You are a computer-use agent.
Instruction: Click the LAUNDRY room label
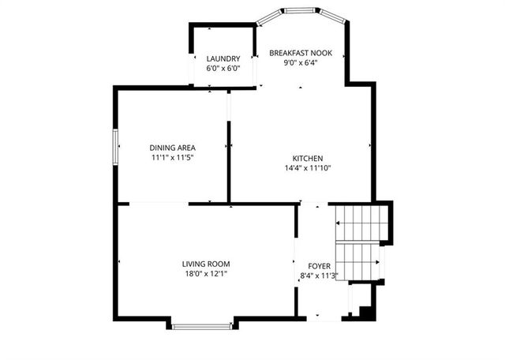[x=223, y=58]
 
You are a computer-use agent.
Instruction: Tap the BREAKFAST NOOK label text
[x=301, y=54]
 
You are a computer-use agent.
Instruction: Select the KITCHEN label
[x=308, y=158]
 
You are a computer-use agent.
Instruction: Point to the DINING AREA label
[x=173, y=148]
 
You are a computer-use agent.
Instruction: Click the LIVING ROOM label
[x=206, y=264]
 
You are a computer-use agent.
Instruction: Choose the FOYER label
[x=319, y=267]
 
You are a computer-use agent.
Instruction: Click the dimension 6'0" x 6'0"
[x=223, y=69]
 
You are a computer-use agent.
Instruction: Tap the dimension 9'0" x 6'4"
[x=301, y=64]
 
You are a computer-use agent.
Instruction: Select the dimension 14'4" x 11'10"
[x=308, y=168]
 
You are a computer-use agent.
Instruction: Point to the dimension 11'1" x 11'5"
[x=173, y=158]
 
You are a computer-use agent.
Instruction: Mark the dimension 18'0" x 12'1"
[x=206, y=274]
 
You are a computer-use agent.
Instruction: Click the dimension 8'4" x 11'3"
[x=319, y=276]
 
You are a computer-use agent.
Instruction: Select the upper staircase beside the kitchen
[x=360, y=222]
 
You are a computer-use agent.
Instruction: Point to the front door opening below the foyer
[x=324, y=318]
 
